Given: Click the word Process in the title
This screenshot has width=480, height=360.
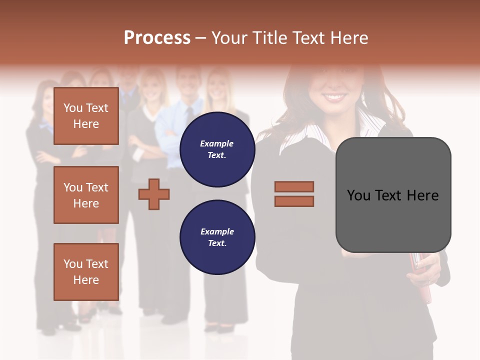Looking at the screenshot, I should click(x=157, y=37).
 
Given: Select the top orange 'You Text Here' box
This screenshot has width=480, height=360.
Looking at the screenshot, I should click(x=86, y=116).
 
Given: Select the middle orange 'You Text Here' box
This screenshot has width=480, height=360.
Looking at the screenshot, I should click(x=86, y=195).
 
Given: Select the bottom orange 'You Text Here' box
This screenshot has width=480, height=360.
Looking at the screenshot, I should click(x=86, y=271).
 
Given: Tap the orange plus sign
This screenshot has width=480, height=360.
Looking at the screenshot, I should click(x=154, y=194).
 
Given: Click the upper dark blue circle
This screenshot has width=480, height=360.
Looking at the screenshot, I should click(x=217, y=149).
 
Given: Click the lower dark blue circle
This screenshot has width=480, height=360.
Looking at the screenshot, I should click(x=217, y=237).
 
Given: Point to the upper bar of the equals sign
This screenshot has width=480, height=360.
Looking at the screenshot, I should click(x=294, y=187).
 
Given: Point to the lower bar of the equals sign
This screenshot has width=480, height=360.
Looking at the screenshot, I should click(x=294, y=201).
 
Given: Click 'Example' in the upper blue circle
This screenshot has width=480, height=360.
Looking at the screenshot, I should click(x=217, y=143).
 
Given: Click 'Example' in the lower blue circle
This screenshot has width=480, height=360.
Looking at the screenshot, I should click(x=217, y=231).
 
